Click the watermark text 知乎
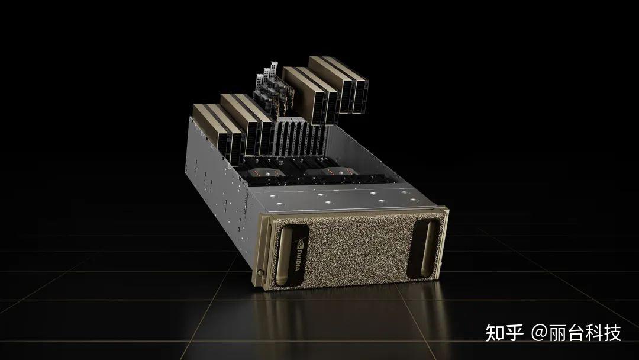[x=505, y=333]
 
